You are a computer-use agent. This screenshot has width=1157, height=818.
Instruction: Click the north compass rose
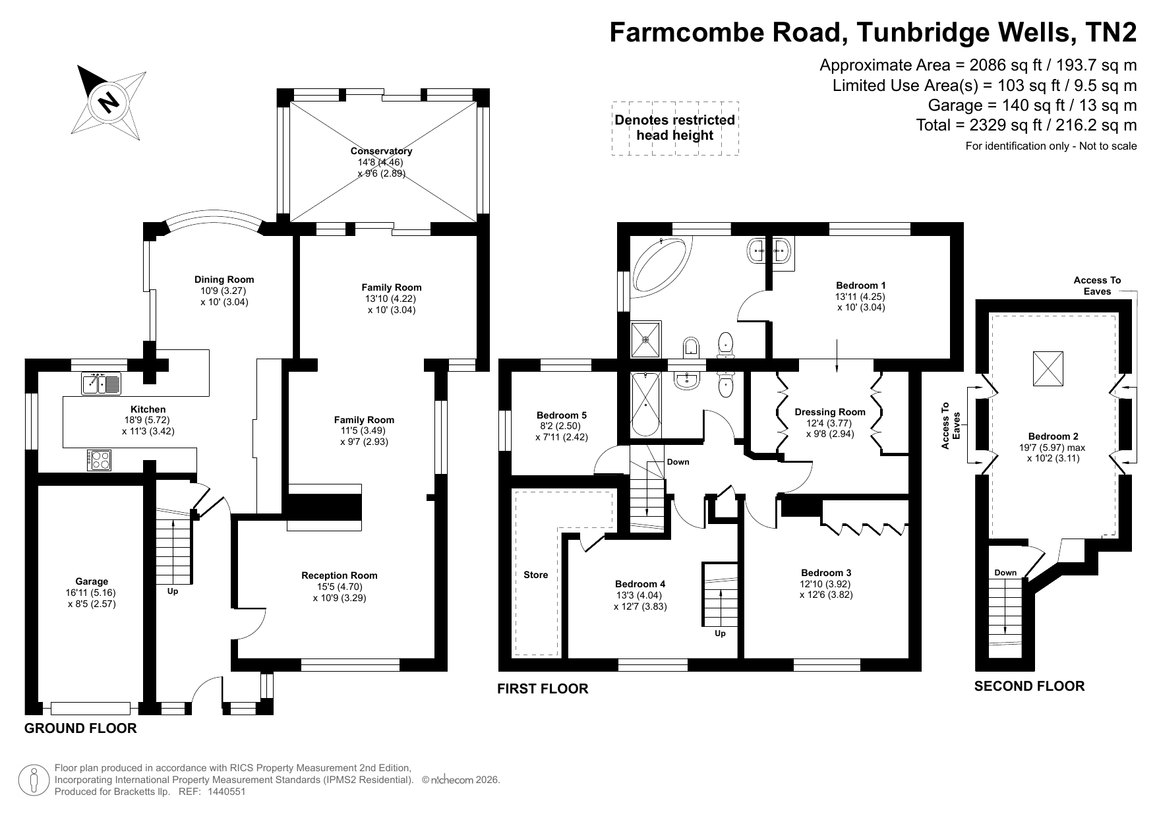point(109,102)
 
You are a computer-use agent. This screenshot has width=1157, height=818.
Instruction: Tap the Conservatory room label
point(381,151)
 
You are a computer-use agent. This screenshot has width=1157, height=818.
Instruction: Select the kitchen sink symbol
point(101,383)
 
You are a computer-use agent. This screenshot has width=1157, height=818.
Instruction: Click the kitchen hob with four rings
point(100,459)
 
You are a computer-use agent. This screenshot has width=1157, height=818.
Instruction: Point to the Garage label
point(92,581)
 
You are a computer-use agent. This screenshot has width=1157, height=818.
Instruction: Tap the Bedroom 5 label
point(562,415)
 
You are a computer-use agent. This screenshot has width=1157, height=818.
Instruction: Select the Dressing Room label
point(830,412)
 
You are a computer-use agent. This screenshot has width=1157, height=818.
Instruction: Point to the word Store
point(536,575)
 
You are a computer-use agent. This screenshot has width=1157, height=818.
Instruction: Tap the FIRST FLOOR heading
point(543,689)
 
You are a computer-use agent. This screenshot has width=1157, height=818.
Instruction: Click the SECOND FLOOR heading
point(1029,686)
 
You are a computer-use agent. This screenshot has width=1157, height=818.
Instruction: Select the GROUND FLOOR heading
point(80,728)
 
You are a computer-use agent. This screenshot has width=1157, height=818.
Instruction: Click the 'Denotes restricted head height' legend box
point(675,128)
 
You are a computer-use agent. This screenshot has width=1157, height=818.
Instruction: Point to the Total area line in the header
point(1026,125)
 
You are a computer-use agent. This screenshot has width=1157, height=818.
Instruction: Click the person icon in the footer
point(35,780)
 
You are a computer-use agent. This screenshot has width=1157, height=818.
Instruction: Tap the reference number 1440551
point(227,792)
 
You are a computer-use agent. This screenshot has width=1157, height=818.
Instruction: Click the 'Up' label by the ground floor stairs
point(173,591)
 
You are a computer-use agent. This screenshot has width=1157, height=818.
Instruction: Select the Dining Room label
point(224,279)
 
